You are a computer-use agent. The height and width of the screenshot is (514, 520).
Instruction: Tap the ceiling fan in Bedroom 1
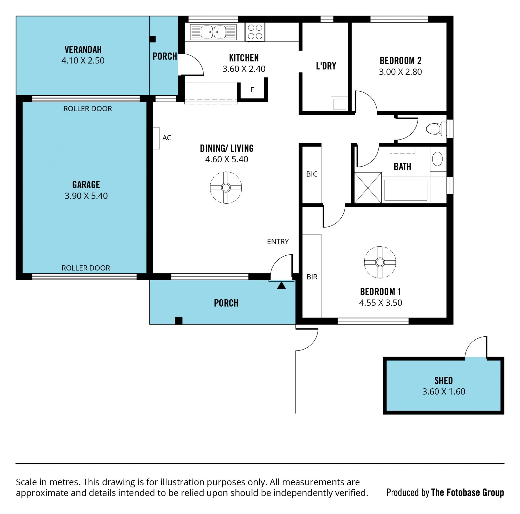[380, 262]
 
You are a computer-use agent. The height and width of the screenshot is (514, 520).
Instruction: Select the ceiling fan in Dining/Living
[226, 187]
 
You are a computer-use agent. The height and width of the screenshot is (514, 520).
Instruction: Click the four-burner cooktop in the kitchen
[255, 32]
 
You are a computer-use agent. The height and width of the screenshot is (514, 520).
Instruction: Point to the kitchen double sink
[213, 32]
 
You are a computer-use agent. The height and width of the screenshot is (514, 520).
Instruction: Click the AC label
[167, 138]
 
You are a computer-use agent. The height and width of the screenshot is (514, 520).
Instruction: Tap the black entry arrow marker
[281, 285]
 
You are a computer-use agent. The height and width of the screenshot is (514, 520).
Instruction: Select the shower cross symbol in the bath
[368, 188]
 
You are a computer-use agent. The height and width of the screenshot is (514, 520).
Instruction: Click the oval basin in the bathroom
[437, 159]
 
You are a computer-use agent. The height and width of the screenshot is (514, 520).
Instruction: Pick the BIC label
[312, 174]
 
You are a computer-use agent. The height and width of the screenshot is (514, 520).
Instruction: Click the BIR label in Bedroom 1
[312, 277]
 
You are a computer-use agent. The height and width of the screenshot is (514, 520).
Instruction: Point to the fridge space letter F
[252, 90]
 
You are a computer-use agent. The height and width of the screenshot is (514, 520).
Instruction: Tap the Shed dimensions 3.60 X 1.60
[444, 391]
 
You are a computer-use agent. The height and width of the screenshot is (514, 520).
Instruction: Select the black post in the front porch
[178, 320]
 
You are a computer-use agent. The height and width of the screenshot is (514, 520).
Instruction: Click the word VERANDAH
[83, 50]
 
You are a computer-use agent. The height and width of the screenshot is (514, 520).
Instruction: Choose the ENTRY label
[278, 242]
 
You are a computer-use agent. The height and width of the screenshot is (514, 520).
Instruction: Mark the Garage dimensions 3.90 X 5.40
[86, 196]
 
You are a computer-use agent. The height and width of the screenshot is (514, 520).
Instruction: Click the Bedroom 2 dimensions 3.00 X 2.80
[400, 72]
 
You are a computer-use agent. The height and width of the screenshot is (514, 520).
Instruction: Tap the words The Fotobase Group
[467, 493]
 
